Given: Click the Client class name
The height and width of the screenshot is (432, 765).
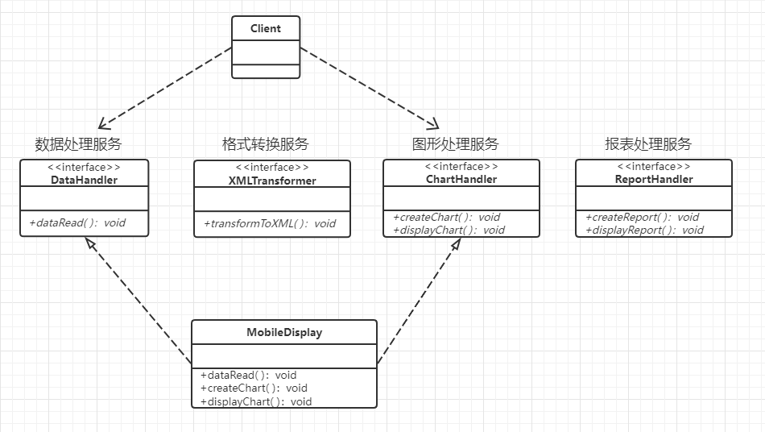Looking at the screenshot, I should [266, 28].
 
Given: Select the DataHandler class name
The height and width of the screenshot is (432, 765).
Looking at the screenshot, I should [84, 180].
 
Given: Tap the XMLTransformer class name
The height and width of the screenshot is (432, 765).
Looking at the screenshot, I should [272, 181].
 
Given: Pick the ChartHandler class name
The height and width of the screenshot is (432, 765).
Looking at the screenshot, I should [461, 179].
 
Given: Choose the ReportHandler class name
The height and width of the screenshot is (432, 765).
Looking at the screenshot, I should [653, 179].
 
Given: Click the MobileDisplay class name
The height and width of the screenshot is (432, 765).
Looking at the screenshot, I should [283, 332].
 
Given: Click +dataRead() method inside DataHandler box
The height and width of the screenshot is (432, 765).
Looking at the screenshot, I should [77, 222].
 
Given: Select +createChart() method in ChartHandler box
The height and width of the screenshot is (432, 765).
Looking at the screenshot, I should [446, 217].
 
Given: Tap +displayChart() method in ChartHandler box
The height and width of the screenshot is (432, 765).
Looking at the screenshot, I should [449, 230].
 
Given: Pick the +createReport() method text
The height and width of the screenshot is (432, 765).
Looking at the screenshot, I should [642, 217].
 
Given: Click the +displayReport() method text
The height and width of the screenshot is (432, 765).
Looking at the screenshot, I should [644, 230].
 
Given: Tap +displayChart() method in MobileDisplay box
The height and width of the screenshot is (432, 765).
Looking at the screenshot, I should [255, 401].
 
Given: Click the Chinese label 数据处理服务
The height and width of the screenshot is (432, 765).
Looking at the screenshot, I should [78, 144].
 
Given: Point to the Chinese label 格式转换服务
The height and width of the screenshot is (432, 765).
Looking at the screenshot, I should [265, 144].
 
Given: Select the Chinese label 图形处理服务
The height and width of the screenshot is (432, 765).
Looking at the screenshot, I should [455, 144].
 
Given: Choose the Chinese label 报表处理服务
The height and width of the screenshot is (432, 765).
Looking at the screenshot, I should [648, 144].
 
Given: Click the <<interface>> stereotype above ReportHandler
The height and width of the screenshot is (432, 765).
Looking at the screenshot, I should [653, 167].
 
